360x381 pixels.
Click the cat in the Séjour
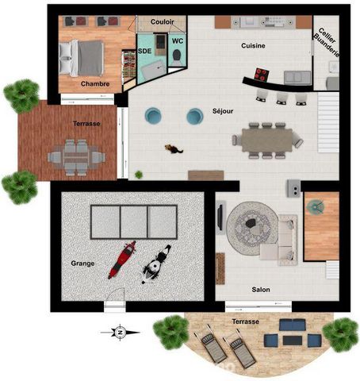click(x=174, y=149)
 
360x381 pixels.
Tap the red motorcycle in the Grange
click(x=122, y=260)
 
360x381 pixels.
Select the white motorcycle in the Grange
click(x=156, y=264)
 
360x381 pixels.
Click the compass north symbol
click(x=121, y=333)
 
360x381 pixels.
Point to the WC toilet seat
click(x=177, y=55)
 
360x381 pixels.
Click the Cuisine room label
click(x=253, y=46)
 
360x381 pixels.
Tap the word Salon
click(x=261, y=290)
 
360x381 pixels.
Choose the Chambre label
click(x=95, y=84)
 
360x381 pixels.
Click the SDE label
click(x=145, y=51)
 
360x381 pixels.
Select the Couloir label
click(x=163, y=21)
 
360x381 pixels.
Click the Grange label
click(x=82, y=264)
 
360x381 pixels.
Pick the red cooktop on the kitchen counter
click(x=262, y=75)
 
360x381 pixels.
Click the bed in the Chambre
click(x=81, y=58)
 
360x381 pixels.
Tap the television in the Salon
click(x=220, y=217)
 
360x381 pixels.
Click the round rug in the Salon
click(x=251, y=229)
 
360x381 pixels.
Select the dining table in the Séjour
click(x=267, y=140)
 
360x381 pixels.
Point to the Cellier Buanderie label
click(x=327, y=42)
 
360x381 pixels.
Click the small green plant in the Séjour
click(x=139, y=175)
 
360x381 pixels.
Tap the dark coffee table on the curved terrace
click(x=293, y=341)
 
